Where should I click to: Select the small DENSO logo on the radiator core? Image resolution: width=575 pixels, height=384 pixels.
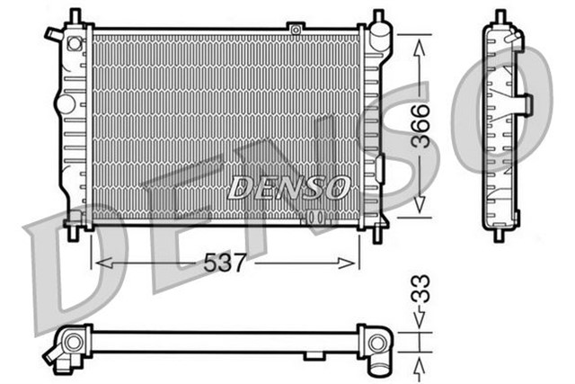pos(288,187)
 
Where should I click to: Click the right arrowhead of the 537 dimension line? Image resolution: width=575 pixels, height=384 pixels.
pos(352,263)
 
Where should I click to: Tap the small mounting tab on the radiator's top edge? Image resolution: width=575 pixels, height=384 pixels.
pos(295,29)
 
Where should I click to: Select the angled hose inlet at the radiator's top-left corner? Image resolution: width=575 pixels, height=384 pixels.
pos(54,36)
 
